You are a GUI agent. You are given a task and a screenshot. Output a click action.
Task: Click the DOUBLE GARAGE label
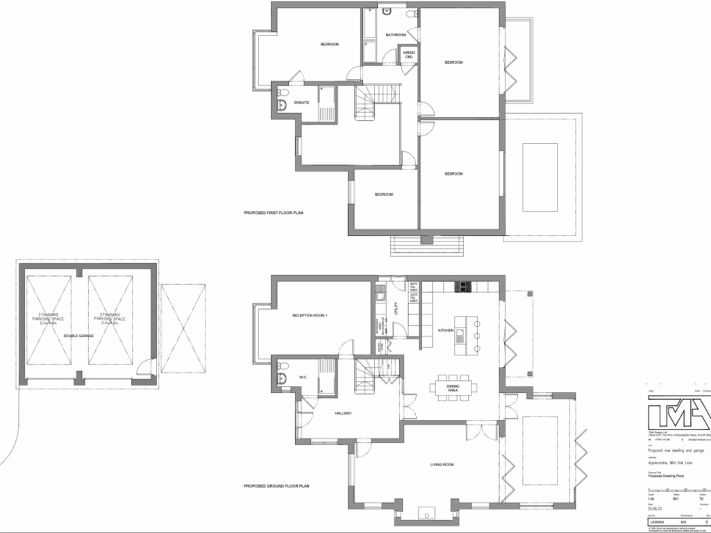78,336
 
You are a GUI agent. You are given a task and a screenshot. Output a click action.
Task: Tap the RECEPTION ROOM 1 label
310,316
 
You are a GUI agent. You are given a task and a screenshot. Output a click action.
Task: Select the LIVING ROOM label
442,464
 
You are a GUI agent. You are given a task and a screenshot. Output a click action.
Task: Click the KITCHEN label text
445,330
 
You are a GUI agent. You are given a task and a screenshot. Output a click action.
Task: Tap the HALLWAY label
342,414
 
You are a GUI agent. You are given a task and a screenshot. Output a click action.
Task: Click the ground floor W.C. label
303,378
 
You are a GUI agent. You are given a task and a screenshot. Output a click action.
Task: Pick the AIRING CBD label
409,55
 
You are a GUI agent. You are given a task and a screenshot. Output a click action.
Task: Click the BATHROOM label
396,34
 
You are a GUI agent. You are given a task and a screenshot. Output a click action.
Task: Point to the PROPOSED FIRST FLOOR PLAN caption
274,212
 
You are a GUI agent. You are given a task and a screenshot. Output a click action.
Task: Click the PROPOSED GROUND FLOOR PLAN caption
276,487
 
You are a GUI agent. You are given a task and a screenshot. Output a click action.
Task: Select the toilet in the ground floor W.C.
281,378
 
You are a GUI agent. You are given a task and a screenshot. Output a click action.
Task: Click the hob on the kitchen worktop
463,287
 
